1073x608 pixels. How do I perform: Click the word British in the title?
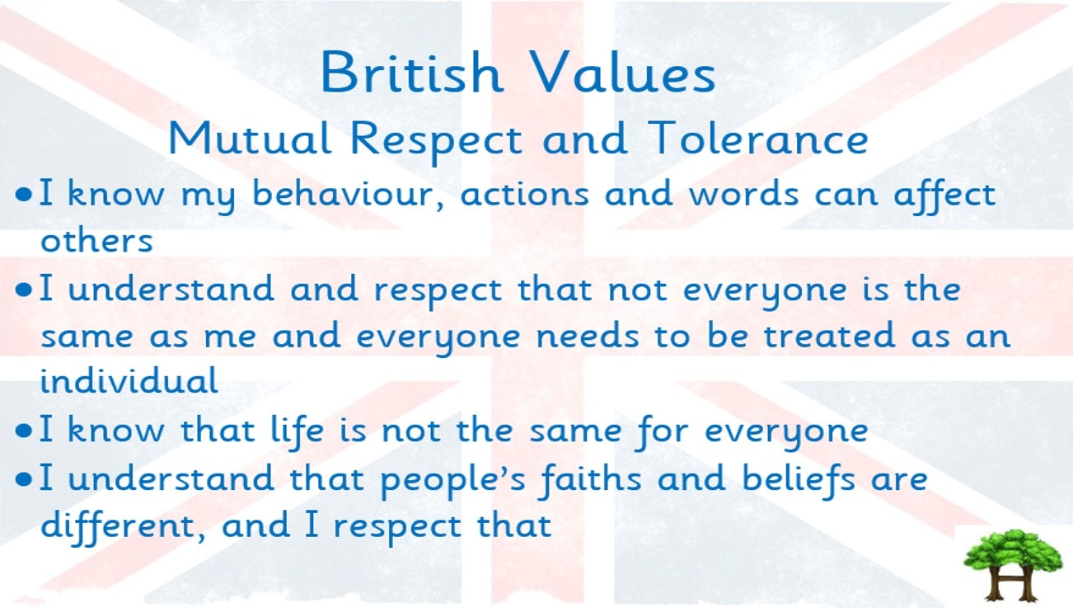tap(412, 72)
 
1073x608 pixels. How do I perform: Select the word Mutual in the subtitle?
tap(250, 138)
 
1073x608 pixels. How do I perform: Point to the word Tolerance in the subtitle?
tap(758, 138)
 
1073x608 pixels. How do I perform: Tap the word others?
tap(96, 240)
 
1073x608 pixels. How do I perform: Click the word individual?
tap(129, 380)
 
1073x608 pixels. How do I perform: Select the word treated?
tap(829, 335)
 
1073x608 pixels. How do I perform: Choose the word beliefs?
tap(798, 479)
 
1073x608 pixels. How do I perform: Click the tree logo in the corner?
tap(1014, 565)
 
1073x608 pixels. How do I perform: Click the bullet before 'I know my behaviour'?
tap(23, 195)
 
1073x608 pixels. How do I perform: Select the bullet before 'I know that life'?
tap(23, 431)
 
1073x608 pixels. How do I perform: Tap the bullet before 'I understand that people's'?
tap(23, 478)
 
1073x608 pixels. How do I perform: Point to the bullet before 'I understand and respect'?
tap(23, 290)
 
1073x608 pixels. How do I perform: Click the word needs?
tap(588, 335)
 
